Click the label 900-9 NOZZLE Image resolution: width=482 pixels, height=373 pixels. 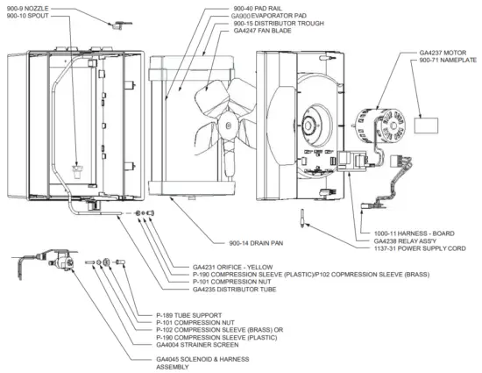(x=27, y=8)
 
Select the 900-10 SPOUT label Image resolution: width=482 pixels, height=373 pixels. (x=25, y=16)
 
